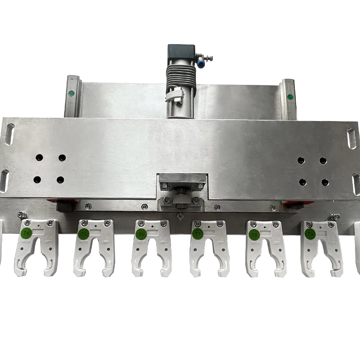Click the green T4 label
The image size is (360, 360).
[26, 233]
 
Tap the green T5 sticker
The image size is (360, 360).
[83, 234]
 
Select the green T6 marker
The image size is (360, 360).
[141, 234]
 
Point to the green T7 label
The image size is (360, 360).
[198, 234]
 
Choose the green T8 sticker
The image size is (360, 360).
[254, 234]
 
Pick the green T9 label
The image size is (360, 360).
[310, 234]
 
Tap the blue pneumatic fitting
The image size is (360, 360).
[200, 64]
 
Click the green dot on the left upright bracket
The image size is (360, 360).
[71, 94]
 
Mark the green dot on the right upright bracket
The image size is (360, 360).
[290, 96]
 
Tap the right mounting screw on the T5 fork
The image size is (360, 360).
[107, 223]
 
